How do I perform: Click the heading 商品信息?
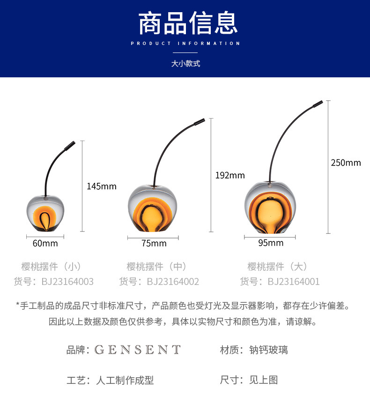click(188, 24)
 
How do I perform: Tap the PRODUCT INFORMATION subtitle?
click(185, 44)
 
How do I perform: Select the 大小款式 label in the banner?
click(185, 63)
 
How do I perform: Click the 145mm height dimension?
click(102, 186)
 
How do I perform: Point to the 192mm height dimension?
click(230, 175)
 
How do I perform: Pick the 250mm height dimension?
click(346, 163)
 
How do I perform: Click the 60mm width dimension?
click(45, 243)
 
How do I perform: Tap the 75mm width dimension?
click(154, 243)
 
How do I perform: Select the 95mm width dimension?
click(271, 243)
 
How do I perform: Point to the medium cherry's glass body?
click(153, 209)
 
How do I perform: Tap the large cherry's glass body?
click(270, 207)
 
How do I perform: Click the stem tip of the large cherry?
click(319, 103)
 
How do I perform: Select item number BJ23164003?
click(67, 281)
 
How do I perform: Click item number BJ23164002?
click(173, 281)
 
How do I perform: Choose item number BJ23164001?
click(294, 281)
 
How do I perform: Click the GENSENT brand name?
click(137, 350)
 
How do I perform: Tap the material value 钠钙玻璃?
click(268, 350)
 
